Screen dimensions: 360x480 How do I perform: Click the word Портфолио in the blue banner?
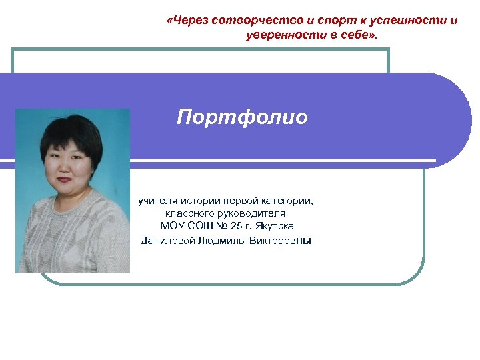pyautogui.click(x=242, y=118)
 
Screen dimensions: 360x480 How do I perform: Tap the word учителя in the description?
pyautogui.click(x=157, y=200)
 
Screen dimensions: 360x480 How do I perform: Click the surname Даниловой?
pyautogui.click(x=167, y=240)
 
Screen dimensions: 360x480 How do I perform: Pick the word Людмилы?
pyautogui.click(x=222, y=240)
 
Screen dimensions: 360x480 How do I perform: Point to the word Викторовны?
pyautogui.click(x=280, y=240)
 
